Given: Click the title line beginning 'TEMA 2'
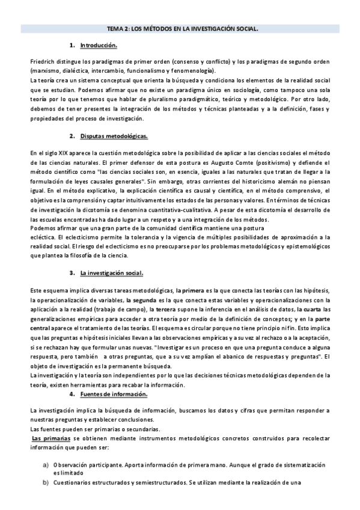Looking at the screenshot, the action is click(x=180, y=28).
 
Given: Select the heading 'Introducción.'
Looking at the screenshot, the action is click(x=99, y=46).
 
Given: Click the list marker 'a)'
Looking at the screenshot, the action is click(x=44, y=465).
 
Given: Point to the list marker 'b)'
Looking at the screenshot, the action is click(x=44, y=483).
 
